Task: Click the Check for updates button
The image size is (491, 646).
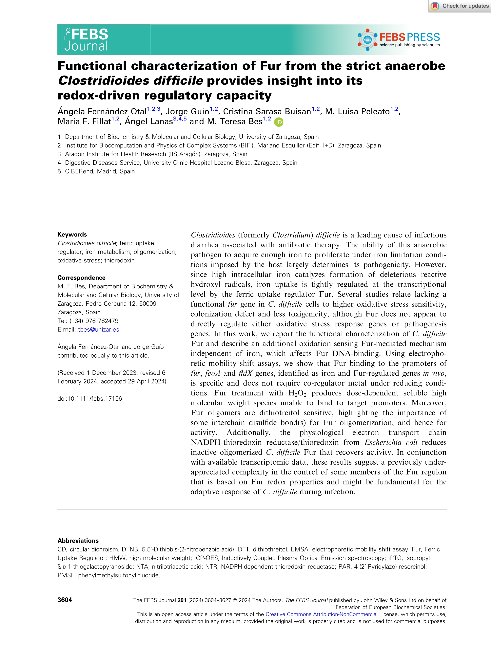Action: pos(460,6)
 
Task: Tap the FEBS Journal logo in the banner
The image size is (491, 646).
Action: pos(86,39)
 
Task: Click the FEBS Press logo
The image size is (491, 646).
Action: pos(399,39)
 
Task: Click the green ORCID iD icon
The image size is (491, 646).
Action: pos(279,122)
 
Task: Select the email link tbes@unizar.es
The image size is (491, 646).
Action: pos(98,329)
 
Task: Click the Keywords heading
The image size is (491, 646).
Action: pos(72,234)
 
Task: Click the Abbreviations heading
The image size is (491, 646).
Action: pos(78,540)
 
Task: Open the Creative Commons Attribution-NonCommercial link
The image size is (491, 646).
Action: pos(321,614)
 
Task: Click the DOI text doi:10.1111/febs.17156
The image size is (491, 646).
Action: pos(90,398)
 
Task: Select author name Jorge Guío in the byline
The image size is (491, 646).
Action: pos(187,111)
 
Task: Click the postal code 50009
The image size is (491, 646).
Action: pos(147,303)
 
